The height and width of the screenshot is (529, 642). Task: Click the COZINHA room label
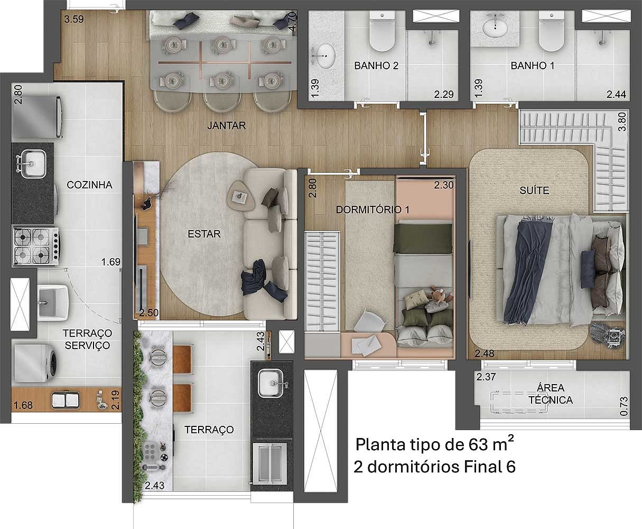click(89, 185)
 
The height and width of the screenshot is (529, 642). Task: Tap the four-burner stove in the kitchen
click(35, 246)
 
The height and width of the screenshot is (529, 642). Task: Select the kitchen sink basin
click(33, 163)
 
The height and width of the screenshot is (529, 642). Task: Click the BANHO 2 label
click(376, 66)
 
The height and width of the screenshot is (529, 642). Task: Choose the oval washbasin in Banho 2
click(323, 56)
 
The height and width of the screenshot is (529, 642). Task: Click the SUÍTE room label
click(534, 190)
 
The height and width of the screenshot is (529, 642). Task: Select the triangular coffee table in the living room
click(242, 196)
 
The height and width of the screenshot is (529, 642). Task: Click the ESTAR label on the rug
click(204, 234)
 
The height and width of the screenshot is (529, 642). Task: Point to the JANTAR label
click(227, 125)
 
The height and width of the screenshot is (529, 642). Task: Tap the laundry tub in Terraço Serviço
click(52, 302)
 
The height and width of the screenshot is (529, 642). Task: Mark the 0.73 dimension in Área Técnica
click(624, 406)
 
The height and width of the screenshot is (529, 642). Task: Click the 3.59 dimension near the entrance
click(74, 19)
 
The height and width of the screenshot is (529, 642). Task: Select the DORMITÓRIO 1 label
click(373, 209)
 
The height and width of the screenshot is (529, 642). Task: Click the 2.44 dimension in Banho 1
click(616, 95)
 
